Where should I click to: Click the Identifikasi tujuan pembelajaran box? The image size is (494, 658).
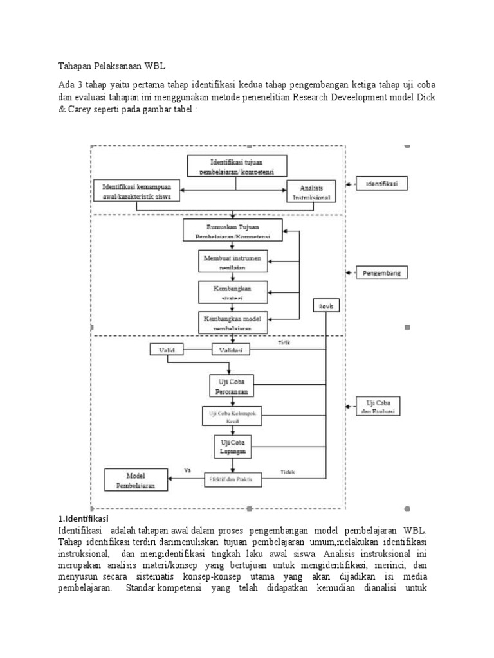(237, 165)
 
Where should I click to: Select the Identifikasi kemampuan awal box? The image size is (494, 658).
(135, 191)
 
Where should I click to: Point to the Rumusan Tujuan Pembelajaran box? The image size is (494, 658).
(232, 229)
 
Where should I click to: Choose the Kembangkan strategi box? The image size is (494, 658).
(232, 292)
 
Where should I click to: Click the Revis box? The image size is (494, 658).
(327, 306)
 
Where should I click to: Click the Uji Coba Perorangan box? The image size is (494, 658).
(232, 386)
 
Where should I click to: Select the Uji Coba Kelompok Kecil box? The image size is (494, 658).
(232, 416)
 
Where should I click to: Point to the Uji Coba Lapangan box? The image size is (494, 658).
(232, 447)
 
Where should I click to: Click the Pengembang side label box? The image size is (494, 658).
(381, 272)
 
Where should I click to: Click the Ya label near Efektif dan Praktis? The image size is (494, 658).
(188, 470)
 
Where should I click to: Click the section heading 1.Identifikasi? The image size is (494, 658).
(83, 518)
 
